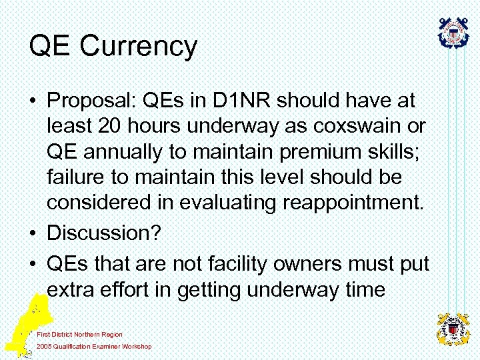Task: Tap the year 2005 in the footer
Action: click(45, 347)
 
